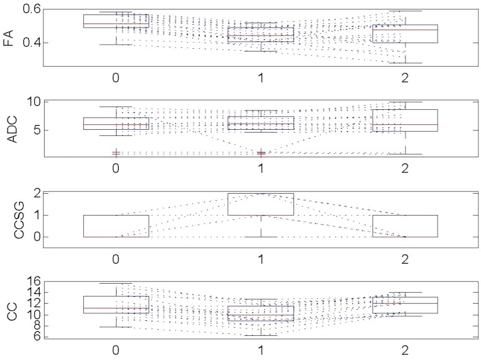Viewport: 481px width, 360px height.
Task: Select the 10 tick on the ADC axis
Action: (33, 102)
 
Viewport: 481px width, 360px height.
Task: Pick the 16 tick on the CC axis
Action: (33, 280)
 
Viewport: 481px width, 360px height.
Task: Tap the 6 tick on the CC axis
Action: (36, 337)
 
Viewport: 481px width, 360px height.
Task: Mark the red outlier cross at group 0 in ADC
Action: (116, 153)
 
